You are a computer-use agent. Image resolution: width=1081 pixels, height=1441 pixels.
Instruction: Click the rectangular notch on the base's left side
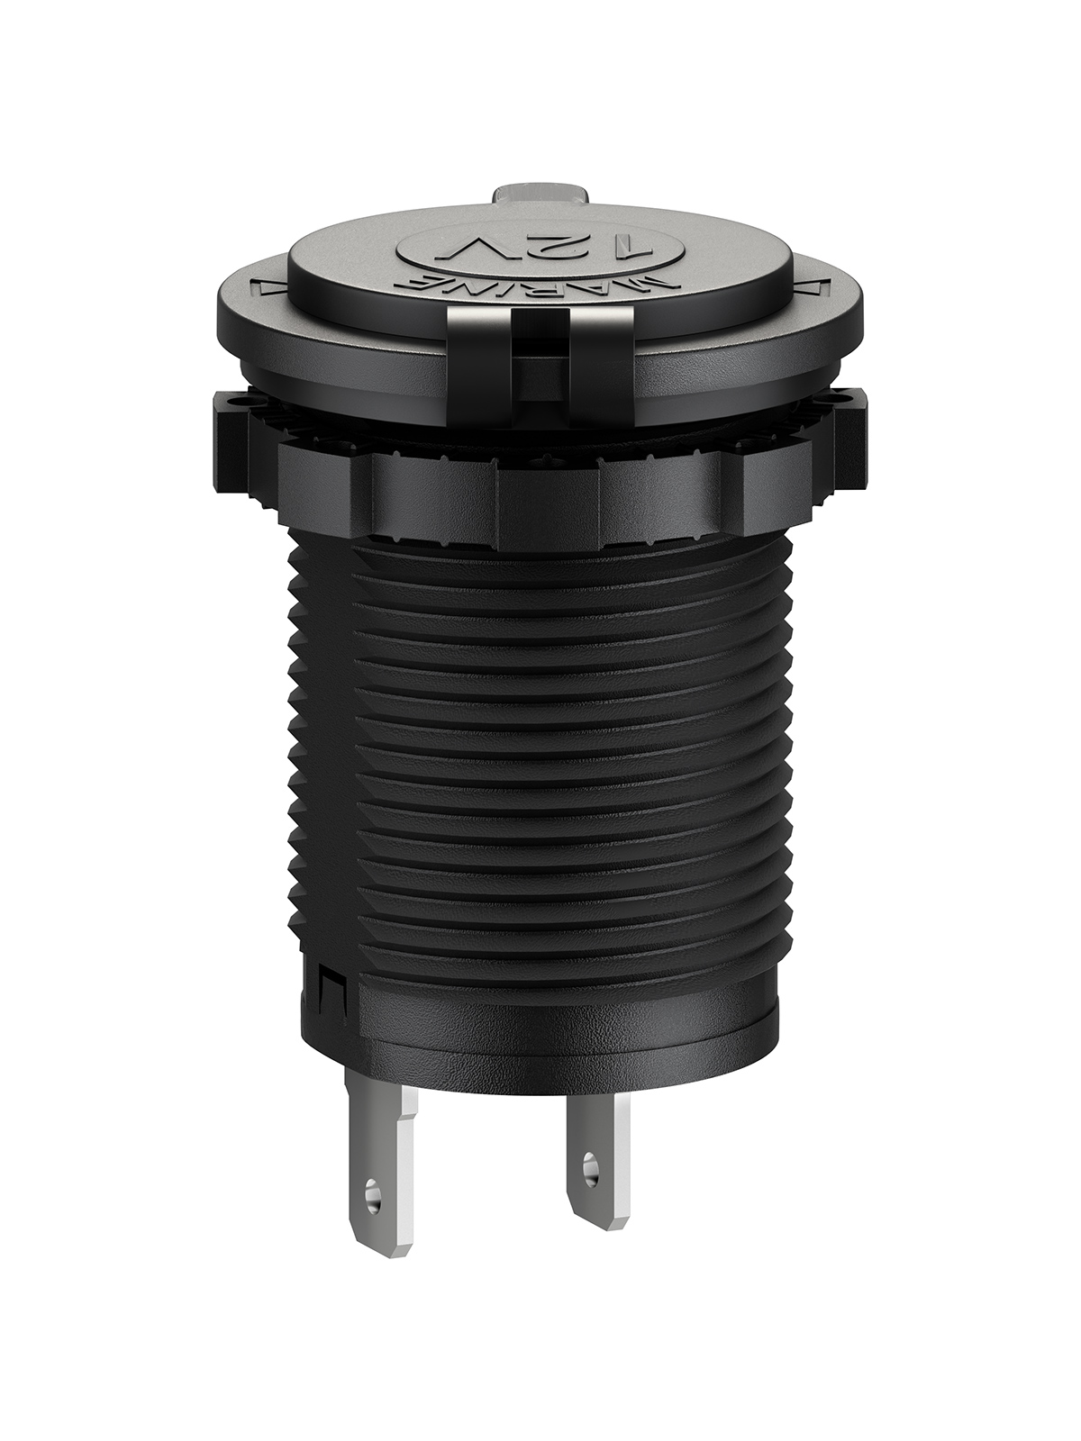click(x=326, y=993)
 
